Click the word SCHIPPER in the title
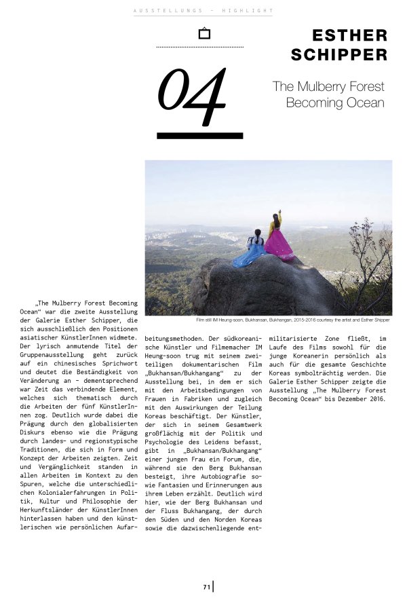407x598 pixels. [339, 55]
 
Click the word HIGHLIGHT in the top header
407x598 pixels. [251, 11]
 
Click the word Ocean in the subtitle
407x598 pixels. [368, 103]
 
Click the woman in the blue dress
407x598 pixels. [250, 251]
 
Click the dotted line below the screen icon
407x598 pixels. [199, 47]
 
